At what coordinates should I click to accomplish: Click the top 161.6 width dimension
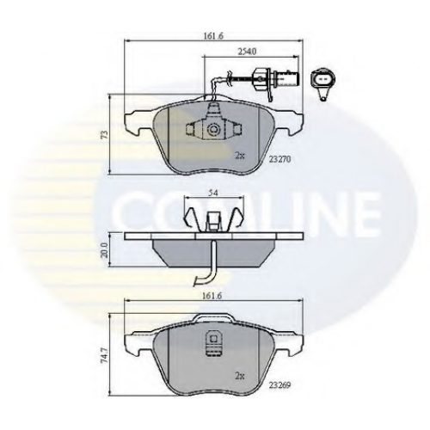tap(213, 36)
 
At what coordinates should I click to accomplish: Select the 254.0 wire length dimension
tap(247, 52)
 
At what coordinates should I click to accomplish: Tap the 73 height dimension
tap(105, 134)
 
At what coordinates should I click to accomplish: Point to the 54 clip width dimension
tap(213, 193)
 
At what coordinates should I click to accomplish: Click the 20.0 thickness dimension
tap(104, 250)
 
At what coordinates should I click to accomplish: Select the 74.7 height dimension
tap(104, 354)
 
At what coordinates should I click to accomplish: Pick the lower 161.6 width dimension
tap(213, 297)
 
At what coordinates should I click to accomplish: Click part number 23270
tap(279, 159)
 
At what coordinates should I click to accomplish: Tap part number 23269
tap(279, 385)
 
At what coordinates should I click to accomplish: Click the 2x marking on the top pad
tap(240, 156)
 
